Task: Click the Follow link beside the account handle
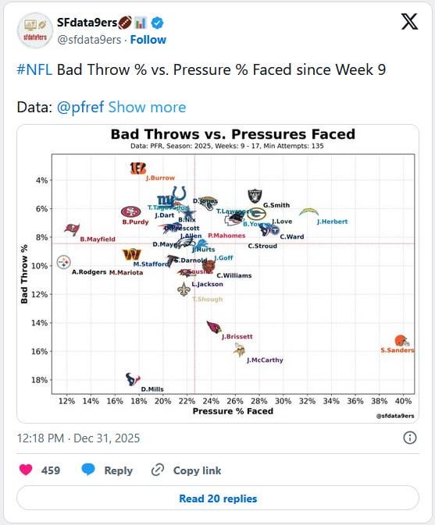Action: pyautogui.click(x=148, y=39)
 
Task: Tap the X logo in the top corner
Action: pyautogui.click(x=408, y=23)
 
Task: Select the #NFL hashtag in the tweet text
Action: pyautogui.click(x=34, y=69)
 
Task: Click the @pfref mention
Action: pyautogui.click(x=80, y=107)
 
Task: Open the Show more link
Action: pyautogui.click(x=147, y=107)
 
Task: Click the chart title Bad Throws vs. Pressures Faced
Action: pyautogui.click(x=233, y=134)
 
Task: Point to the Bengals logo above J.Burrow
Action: pyautogui.click(x=137, y=167)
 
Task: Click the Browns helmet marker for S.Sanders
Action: pyautogui.click(x=401, y=340)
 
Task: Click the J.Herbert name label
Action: pyautogui.click(x=332, y=222)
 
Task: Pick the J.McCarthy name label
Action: pyautogui.click(x=265, y=360)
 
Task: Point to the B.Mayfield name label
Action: pyautogui.click(x=98, y=239)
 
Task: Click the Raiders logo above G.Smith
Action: pyautogui.click(x=255, y=195)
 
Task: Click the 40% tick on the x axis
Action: pyautogui.click(x=403, y=401)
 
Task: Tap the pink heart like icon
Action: pyautogui.click(x=26, y=470)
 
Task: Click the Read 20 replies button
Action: pyautogui.click(x=217, y=498)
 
